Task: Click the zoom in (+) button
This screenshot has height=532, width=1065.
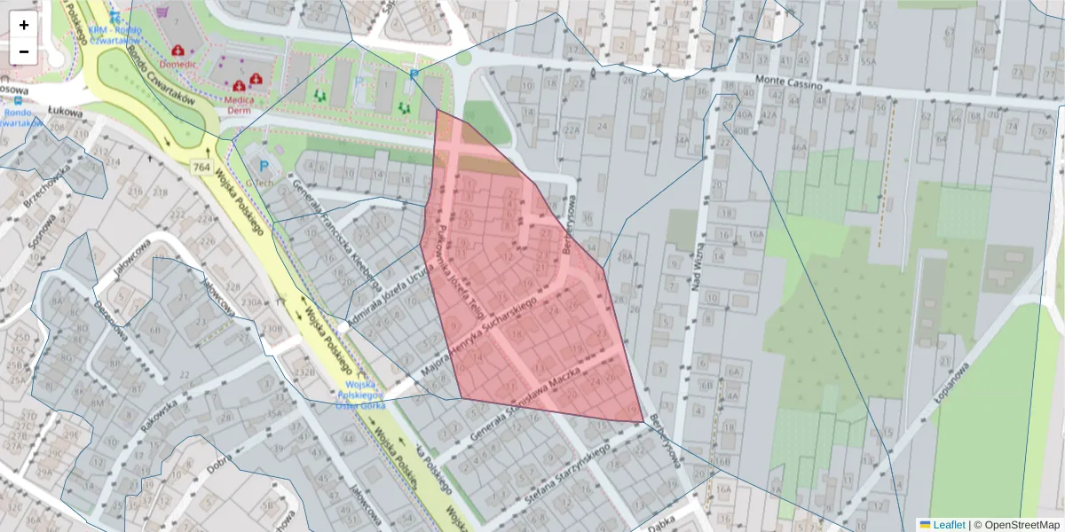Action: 24,25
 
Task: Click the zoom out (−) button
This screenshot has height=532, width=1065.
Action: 24,51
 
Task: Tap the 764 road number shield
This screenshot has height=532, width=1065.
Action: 201,167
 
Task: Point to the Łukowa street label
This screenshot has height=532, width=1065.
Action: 66,113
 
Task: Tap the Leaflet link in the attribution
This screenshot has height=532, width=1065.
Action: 942,524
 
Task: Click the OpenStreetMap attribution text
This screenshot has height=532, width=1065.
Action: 1016,524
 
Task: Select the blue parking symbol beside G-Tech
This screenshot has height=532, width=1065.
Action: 263,164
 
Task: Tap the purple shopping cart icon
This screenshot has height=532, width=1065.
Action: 162,12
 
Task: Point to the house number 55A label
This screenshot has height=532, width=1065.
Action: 867,61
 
